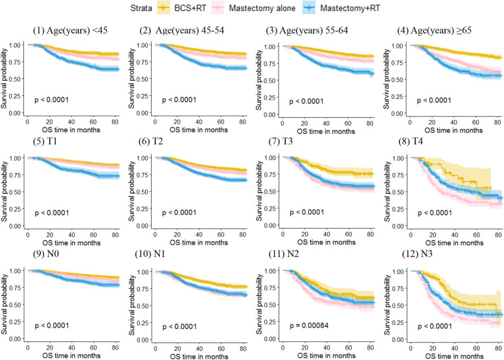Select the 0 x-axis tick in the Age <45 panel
[27, 121]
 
